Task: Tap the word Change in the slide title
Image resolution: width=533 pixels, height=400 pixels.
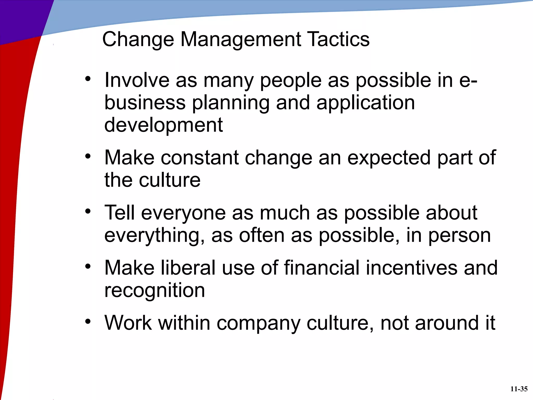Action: (x=138, y=39)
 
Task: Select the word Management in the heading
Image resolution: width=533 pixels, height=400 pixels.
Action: (x=241, y=39)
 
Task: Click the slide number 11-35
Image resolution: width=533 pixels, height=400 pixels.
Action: (x=519, y=389)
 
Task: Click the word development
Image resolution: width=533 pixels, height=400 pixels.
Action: (x=163, y=125)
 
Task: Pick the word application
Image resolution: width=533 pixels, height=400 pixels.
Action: (x=366, y=103)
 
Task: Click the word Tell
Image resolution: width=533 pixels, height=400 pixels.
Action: (x=119, y=213)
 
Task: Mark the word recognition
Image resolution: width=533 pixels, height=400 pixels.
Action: (x=155, y=290)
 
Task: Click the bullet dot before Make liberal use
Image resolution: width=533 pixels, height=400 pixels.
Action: (x=88, y=266)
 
